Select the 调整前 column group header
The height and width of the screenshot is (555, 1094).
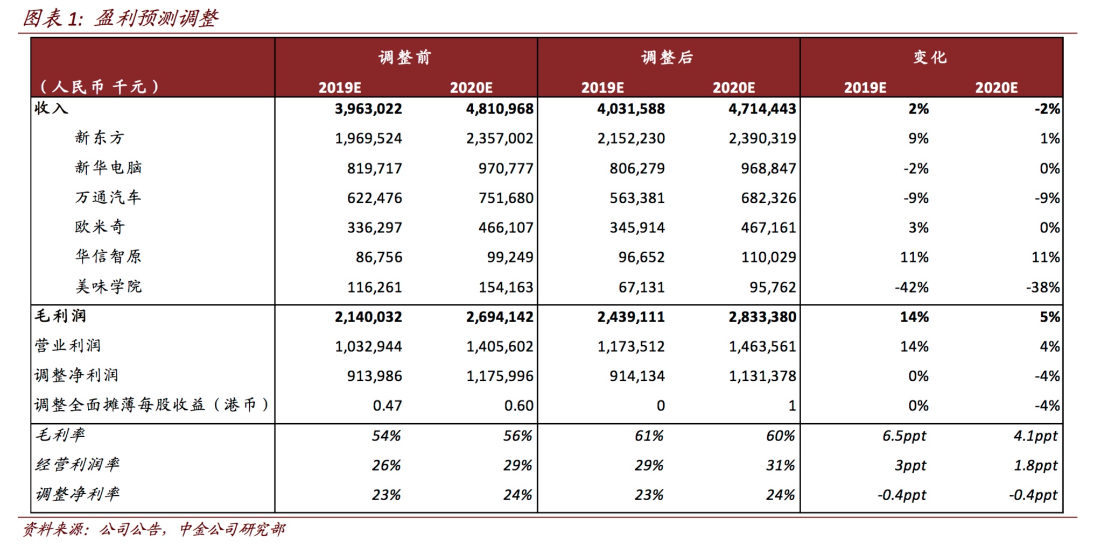(x=405, y=57)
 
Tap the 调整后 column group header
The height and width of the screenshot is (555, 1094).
(x=667, y=57)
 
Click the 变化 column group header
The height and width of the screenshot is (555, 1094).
(x=930, y=57)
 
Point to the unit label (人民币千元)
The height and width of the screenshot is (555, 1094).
(x=100, y=87)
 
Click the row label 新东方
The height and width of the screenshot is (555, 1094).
(x=100, y=138)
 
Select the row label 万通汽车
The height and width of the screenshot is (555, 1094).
(x=108, y=197)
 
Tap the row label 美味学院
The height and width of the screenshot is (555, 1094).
(x=108, y=287)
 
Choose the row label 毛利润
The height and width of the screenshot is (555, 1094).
(x=60, y=316)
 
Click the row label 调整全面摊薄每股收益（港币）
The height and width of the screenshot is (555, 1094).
(x=152, y=405)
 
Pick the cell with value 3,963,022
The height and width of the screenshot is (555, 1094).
(x=368, y=109)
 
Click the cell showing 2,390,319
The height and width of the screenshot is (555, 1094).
(x=762, y=138)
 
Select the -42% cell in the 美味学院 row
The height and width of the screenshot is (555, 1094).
(x=911, y=287)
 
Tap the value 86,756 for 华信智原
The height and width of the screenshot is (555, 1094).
(x=378, y=257)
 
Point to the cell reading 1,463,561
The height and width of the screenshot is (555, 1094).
(x=762, y=346)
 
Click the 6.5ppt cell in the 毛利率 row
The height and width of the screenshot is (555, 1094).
(x=904, y=436)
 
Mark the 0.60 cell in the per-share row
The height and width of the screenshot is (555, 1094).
(x=518, y=405)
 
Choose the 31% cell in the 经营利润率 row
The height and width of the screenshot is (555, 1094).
(x=780, y=465)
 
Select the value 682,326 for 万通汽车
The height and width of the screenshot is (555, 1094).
(x=768, y=198)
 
